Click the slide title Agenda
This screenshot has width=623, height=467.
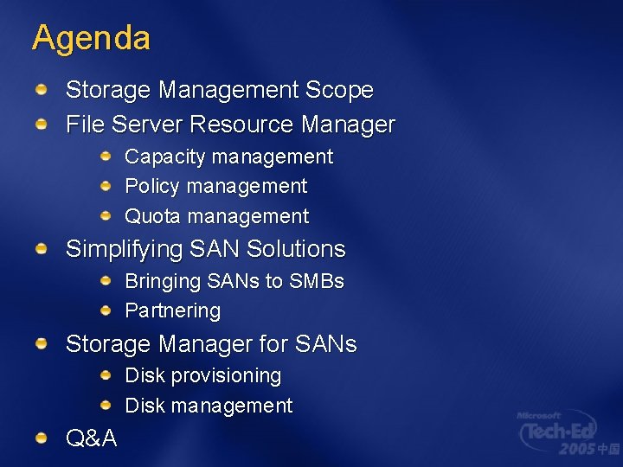click(91, 38)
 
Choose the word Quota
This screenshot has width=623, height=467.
click(153, 216)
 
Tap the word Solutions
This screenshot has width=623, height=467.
click(296, 249)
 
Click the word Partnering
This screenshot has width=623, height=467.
click(173, 311)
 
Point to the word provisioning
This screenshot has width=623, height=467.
click(227, 376)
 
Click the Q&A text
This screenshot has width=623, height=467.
click(92, 438)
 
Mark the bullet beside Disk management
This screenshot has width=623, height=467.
click(106, 405)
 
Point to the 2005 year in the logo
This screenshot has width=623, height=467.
click(577, 450)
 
